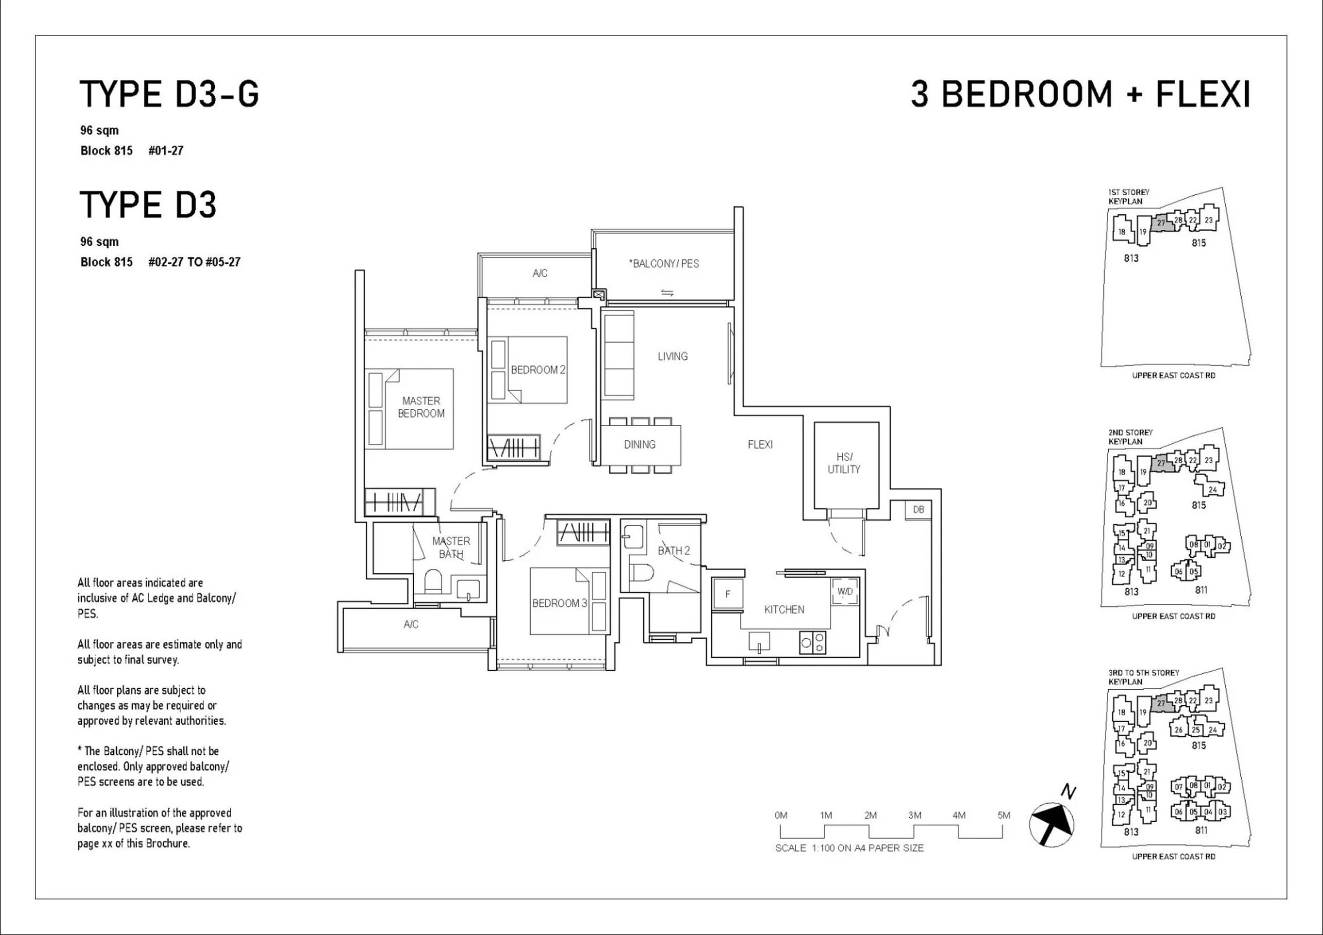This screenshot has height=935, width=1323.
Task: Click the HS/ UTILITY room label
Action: tap(844, 463)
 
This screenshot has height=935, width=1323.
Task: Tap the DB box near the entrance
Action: tap(919, 510)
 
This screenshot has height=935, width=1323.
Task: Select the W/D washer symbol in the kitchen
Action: tap(845, 591)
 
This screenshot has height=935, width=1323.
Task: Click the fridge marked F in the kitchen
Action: tap(728, 594)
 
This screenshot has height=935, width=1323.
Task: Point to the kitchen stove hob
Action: tap(812, 642)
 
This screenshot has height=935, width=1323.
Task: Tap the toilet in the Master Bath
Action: tap(433, 582)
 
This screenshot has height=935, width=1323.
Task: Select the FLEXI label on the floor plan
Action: tap(760, 444)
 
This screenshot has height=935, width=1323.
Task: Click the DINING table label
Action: tap(639, 444)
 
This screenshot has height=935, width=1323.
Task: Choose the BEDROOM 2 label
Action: tap(538, 370)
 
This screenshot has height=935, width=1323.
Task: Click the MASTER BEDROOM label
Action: tap(421, 407)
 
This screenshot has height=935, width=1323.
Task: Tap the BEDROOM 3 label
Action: tap(559, 603)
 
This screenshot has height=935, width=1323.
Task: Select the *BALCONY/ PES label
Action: tap(664, 264)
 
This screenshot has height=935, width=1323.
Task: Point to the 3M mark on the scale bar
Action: tap(914, 815)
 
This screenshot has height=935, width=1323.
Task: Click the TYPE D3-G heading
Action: tap(169, 94)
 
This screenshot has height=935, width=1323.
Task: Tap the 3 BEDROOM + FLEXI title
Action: tap(1080, 94)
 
